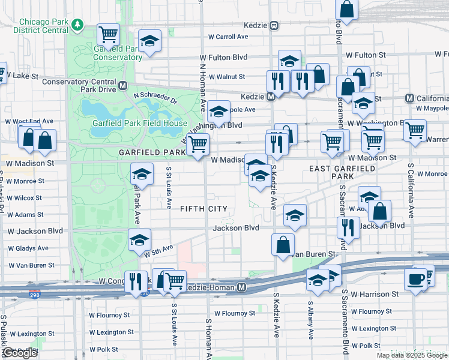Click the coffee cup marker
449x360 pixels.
tap(415, 279)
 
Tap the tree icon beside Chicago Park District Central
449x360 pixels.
tap(77, 25)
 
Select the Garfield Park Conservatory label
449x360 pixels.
tap(118, 53)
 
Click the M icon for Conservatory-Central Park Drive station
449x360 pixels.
tap(123, 85)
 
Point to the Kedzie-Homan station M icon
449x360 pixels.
tap(241, 287)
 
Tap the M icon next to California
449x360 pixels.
tap(410, 98)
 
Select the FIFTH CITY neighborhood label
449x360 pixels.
tap(203, 208)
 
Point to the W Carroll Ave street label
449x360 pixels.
tap(228, 37)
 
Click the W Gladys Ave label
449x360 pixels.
tap(27, 248)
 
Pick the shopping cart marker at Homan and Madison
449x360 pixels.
tap(197, 144)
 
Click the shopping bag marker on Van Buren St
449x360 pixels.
tap(283, 244)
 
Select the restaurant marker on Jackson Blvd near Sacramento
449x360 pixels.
tap(348, 227)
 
